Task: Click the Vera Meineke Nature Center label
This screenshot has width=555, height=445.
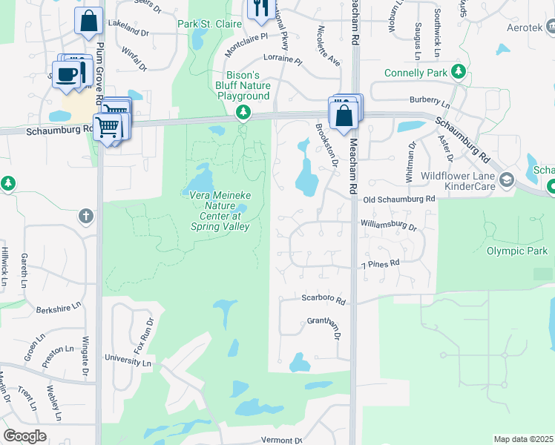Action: pyautogui.click(x=215, y=211)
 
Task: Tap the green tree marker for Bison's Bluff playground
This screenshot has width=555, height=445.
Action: pyautogui.click(x=242, y=113)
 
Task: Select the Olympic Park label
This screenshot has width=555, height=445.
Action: pyautogui.click(x=516, y=251)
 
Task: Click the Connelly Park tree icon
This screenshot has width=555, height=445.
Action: pyautogui.click(x=459, y=72)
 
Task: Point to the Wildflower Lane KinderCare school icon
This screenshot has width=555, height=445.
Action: pyautogui.click(x=507, y=179)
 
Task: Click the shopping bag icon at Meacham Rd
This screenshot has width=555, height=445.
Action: pyautogui.click(x=344, y=115)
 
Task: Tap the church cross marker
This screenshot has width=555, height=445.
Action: pyautogui.click(x=86, y=216)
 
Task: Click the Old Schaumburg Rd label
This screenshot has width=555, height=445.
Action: pyautogui.click(x=398, y=200)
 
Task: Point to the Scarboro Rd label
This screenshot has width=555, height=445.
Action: pyautogui.click(x=324, y=300)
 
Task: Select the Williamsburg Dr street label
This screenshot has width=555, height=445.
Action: pyautogui.click(x=389, y=223)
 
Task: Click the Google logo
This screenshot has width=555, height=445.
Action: pyautogui.click(x=24, y=436)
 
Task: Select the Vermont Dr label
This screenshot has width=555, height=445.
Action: pyautogui.click(x=282, y=439)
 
